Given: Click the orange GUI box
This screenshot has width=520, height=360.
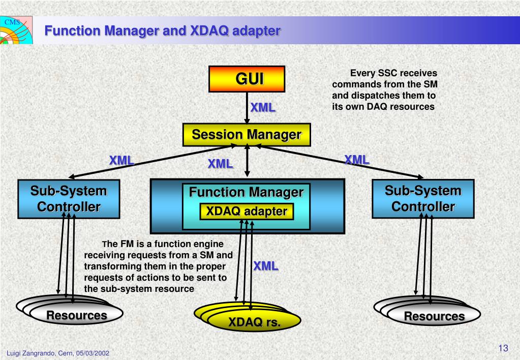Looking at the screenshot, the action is pos(247,79).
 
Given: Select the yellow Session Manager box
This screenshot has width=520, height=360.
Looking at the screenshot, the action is pos(247,135).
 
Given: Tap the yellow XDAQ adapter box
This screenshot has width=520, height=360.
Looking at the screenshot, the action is pos(247,212).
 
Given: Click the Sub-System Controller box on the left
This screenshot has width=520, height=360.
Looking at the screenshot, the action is pos(69,199).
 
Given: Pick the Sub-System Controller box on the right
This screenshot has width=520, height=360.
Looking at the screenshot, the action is pos(423,199).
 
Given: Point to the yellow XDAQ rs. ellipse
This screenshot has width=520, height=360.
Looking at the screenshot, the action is pos(254,321).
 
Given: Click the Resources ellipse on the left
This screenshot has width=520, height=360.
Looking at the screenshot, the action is pos(76,314).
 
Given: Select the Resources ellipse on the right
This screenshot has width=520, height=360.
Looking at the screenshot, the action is pos(434,315).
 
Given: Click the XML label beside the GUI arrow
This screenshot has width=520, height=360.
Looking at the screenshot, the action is pos(263,107).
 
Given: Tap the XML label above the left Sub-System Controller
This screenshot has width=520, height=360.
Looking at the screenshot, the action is pos(121,161).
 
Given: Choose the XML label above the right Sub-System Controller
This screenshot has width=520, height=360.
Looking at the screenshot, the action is pos(357,160).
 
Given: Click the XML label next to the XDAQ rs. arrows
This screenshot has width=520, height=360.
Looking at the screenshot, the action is pos(266,266).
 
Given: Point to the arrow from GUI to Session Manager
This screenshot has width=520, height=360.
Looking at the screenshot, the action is pos(247,108).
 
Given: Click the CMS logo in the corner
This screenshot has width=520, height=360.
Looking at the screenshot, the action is pos(16,30).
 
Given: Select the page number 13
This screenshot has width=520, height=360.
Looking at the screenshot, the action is pos(503,348).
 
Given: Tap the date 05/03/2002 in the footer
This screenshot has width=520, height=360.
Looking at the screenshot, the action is pos(93,353).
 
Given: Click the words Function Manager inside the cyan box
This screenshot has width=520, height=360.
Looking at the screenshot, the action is pos(247,192).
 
